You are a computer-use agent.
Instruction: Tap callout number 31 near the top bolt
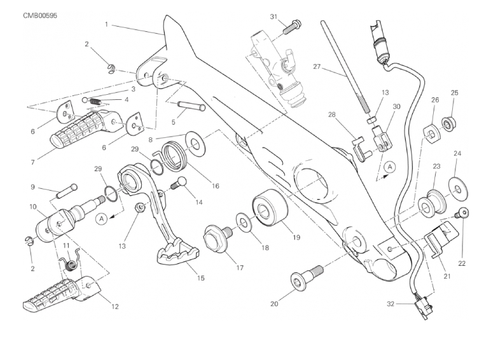(274, 17)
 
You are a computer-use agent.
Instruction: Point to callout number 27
(317, 66)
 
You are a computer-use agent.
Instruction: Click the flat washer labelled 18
(243, 221)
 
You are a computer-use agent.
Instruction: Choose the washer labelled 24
(457, 186)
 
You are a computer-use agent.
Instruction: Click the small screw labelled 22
(464, 213)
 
